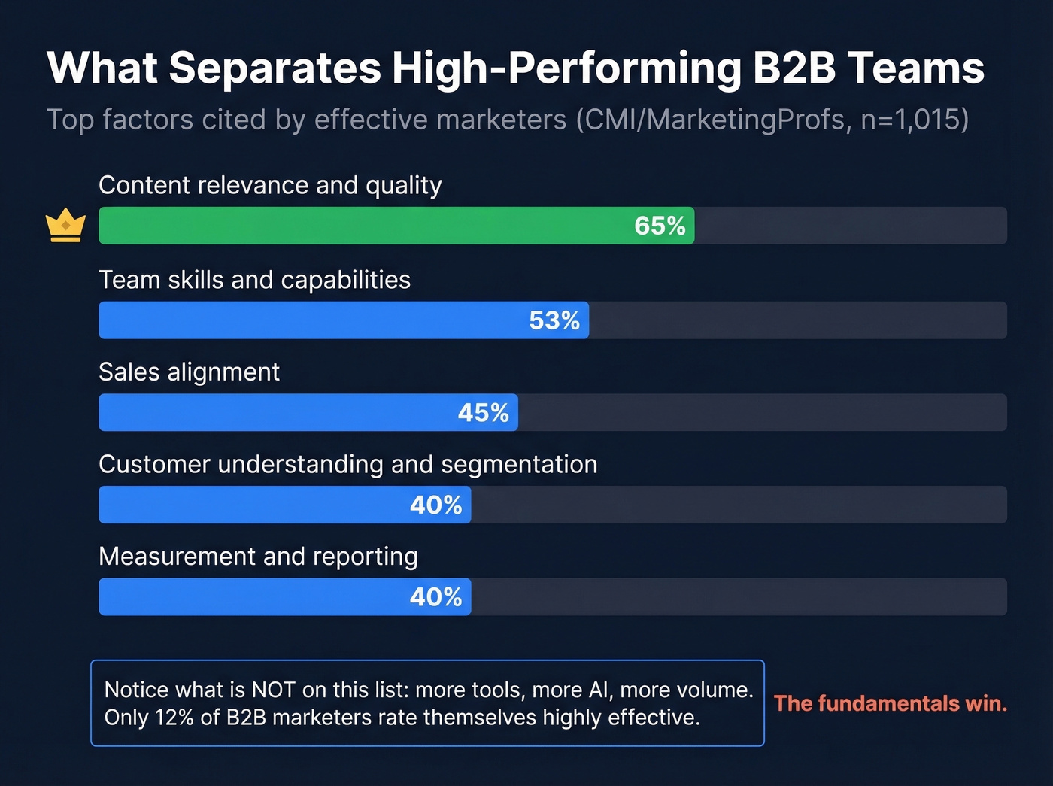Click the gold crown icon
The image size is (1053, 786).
pyautogui.click(x=65, y=225)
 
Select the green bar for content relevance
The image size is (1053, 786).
pyautogui.click(x=361, y=226)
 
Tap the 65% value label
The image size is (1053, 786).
pyautogui.click(x=660, y=226)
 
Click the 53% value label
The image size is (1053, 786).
pyautogui.click(x=554, y=320)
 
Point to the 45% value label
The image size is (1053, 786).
pyautogui.click(x=484, y=413)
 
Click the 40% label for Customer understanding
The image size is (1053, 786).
pyautogui.click(x=436, y=505)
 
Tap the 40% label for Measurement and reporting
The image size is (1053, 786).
pyautogui.click(x=436, y=597)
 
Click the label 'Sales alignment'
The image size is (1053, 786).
pyautogui.click(x=189, y=372)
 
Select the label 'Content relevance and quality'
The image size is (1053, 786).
pyautogui.click(x=270, y=185)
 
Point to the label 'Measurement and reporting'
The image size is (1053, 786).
pyautogui.click(x=258, y=557)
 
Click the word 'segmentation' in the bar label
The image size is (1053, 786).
pyautogui.click(x=519, y=465)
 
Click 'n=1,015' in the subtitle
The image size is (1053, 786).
pyautogui.click(x=910, y=120)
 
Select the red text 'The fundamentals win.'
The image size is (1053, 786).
pyautogui.click(x=891, y=703)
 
